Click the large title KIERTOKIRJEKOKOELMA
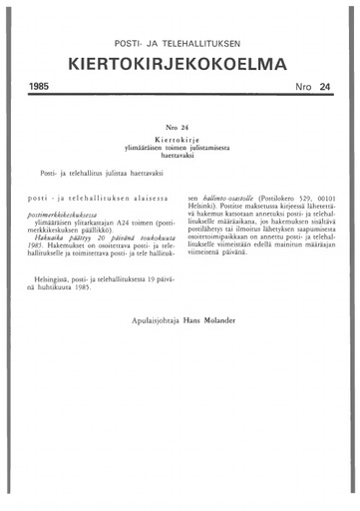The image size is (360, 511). pos(180,66)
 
